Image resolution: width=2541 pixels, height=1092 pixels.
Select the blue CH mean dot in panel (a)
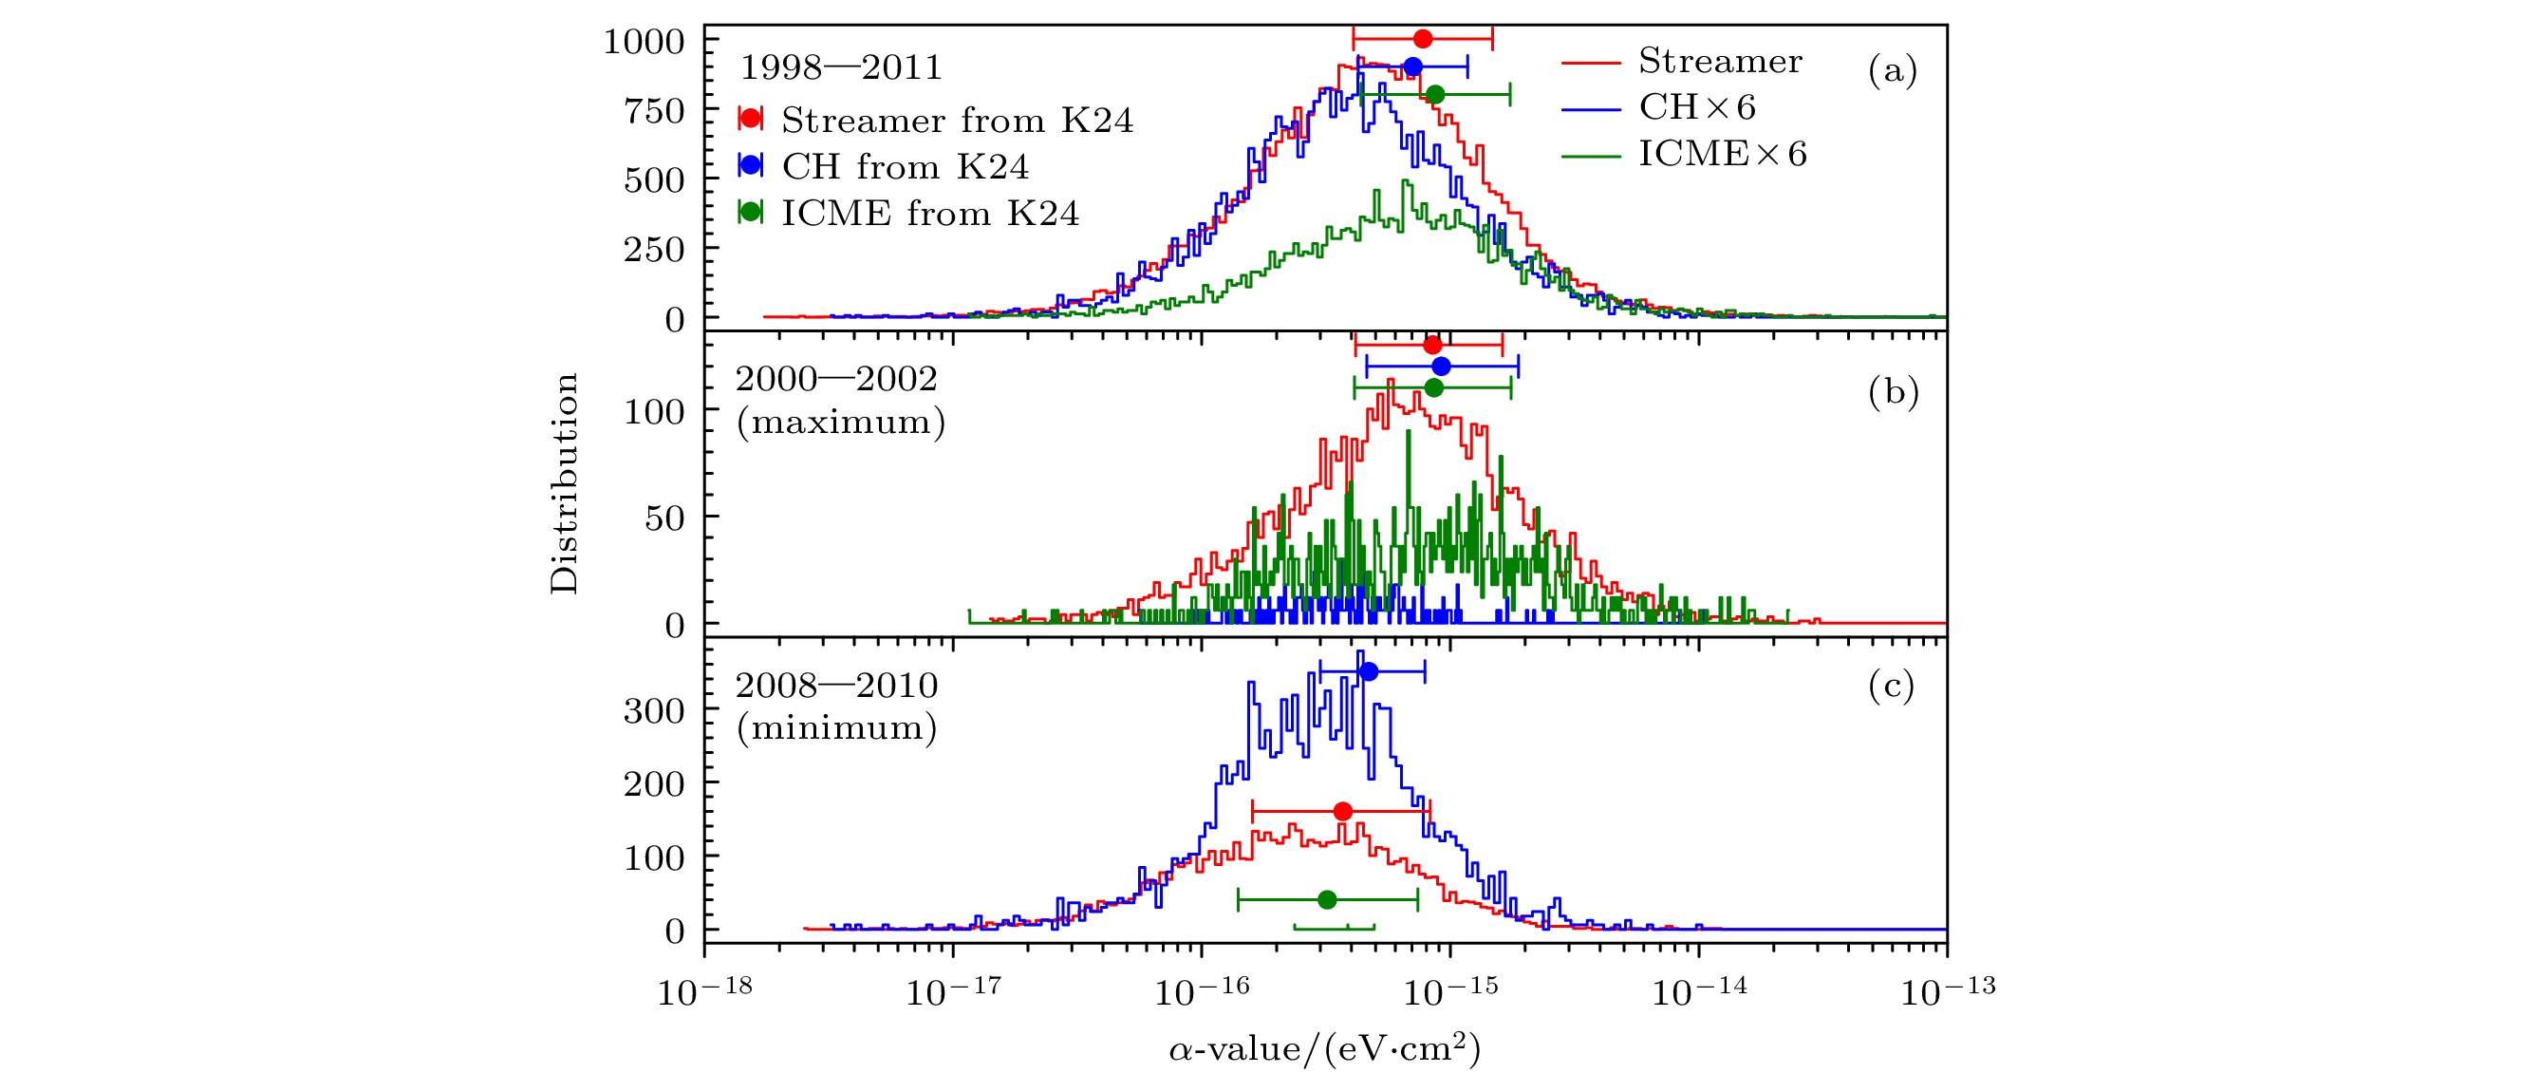(x=1412, y=67)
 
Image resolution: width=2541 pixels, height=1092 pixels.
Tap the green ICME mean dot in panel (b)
(x=1434, y=387)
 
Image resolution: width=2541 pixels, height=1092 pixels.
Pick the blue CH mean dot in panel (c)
(x=1368, y=671)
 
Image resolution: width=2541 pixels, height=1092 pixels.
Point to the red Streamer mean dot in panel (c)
(x=1342, y=812)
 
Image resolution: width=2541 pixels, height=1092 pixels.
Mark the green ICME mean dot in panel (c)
(x=1328, y=899)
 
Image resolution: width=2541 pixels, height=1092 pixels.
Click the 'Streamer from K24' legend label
(x=957, y=121)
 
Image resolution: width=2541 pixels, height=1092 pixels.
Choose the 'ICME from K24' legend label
(x=930, y=213)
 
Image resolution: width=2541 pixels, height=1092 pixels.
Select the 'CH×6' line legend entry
(x=1696, y=107)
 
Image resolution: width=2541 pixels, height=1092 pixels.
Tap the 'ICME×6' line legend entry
(x=1722, y=154)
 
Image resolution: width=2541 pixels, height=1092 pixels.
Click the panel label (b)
(x=1893, y=392)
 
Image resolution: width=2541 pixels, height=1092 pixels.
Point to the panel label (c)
(x=1891, y=686)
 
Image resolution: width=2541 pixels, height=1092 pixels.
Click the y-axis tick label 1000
(x=644, y=43)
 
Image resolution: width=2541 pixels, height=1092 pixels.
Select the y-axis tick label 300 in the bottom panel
(x=654, y=710)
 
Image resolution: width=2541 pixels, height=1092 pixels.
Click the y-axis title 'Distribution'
(x=565, y=483)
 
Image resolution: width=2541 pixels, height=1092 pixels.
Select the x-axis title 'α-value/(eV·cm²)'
(x=1325, y=1049)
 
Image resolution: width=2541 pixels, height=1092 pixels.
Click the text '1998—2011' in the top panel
(x=840, y=68)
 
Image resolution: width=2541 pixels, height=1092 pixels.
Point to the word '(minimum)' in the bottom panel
(x=836, y=728)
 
